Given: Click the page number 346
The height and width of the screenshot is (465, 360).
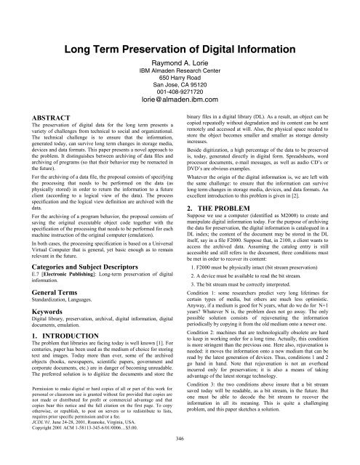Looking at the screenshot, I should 180,458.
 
